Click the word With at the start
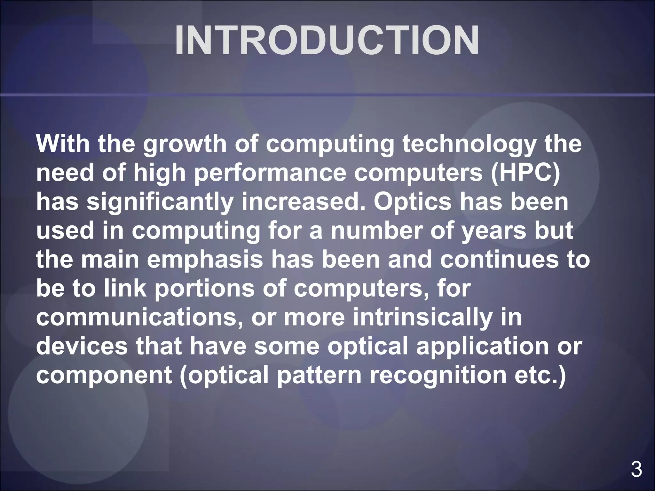click(x=62, y=144)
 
